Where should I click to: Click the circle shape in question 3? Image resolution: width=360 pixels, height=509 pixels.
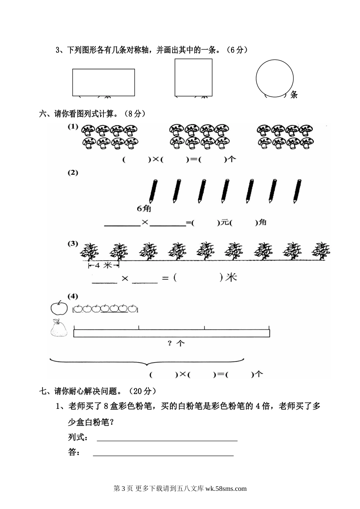[x=274, y=78]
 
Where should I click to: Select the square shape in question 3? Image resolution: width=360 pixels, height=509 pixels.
[x=193, y=77]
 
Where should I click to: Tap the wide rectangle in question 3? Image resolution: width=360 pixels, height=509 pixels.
[x=103, y=82]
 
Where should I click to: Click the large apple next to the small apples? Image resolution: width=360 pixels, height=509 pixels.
[x=59, y=308]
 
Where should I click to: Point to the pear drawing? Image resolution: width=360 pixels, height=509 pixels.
[x=59, y=328]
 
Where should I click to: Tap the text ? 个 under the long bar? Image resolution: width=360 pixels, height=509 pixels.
[x=176, y=343]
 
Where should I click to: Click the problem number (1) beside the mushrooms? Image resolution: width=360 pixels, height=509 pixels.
[x=73, y=127]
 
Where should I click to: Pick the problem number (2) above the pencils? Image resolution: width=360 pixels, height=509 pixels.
[x=73, y=173]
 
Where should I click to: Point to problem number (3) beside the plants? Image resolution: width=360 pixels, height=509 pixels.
[x=73, y=244]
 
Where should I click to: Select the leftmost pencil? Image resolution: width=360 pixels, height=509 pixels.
[x=153, y=190]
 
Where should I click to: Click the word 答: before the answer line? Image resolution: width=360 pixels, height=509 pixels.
[x=74, y=452]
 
